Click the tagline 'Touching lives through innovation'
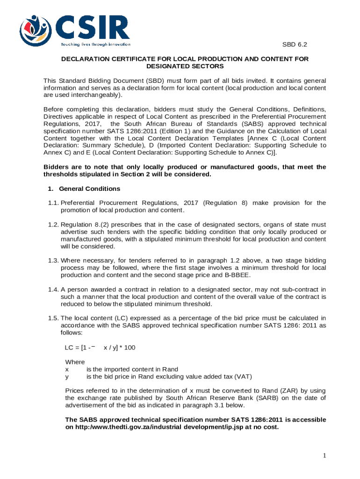(95, 44)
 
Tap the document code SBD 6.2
(295, 45)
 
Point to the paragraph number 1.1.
(53, 203)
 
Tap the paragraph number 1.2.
(53, 225)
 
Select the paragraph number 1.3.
(53, 260)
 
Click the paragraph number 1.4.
(53, 290)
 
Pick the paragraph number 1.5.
(53, 319)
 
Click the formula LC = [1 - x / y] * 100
(100, 348)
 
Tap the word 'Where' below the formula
(75, 362)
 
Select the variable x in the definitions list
(67, 369)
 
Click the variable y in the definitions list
(67, 376)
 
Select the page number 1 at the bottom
(324, 456)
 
